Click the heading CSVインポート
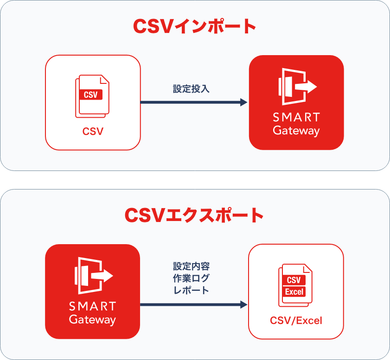coord(194,26)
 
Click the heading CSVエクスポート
coord(194,215)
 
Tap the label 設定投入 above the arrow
coord(191,88)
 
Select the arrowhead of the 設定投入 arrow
coord(243,102)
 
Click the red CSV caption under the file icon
coord(93,132)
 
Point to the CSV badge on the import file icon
coord(90,95)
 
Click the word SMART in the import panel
coord(296,118)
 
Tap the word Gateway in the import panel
coord(296,131)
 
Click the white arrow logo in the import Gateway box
coord(297,87)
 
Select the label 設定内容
coord(191,266)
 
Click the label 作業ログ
coord(191,278)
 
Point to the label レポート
coord(191,290)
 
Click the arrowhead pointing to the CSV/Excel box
coord(244,304)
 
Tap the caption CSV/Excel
coord(296,321)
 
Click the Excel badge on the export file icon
coord(294,292)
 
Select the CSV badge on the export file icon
coord(294,280)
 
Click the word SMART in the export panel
coord(93,306)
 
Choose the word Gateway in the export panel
coord(93,320)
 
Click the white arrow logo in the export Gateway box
coord(94,276)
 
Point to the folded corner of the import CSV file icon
coord(104,80)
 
